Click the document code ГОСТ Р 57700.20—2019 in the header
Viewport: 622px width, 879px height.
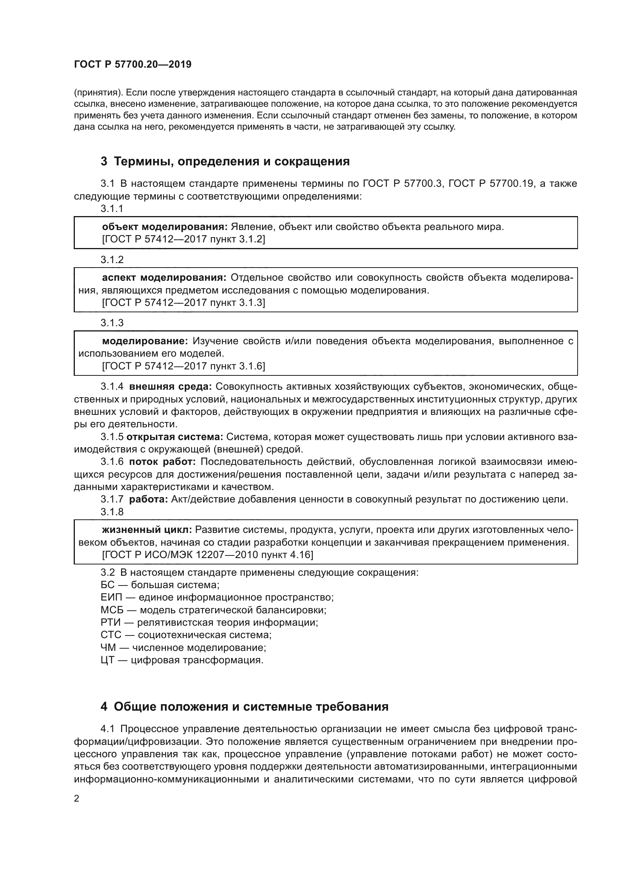click(x=132, y=65)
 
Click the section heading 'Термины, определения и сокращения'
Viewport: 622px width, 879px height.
click(x=232, y=162)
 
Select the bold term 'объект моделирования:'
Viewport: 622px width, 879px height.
click(x=165, y=227)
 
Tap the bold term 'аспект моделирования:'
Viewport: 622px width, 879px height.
click(x=164, y=278)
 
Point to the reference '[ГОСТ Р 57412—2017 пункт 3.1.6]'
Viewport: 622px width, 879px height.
click(x=184, y=366)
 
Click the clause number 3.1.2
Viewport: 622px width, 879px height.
click(x=112, y=260)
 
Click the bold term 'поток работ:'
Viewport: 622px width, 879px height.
click(x=163, y=462)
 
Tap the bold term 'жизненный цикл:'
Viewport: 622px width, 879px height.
click(x=147, y=530)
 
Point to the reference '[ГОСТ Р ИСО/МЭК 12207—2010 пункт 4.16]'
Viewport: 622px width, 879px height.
click(x=207, y=555)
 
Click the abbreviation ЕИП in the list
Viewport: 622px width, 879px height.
click(x=110, y=597)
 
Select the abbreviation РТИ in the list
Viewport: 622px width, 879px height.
click(x=110, y=622)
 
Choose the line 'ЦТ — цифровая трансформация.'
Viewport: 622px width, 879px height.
click(x=182, y=660)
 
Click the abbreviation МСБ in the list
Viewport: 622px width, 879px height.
click(x=111, y=610)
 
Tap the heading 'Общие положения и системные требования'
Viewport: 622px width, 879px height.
click(x=251, y=707)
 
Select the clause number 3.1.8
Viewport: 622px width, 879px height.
click(x=112, y=512)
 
